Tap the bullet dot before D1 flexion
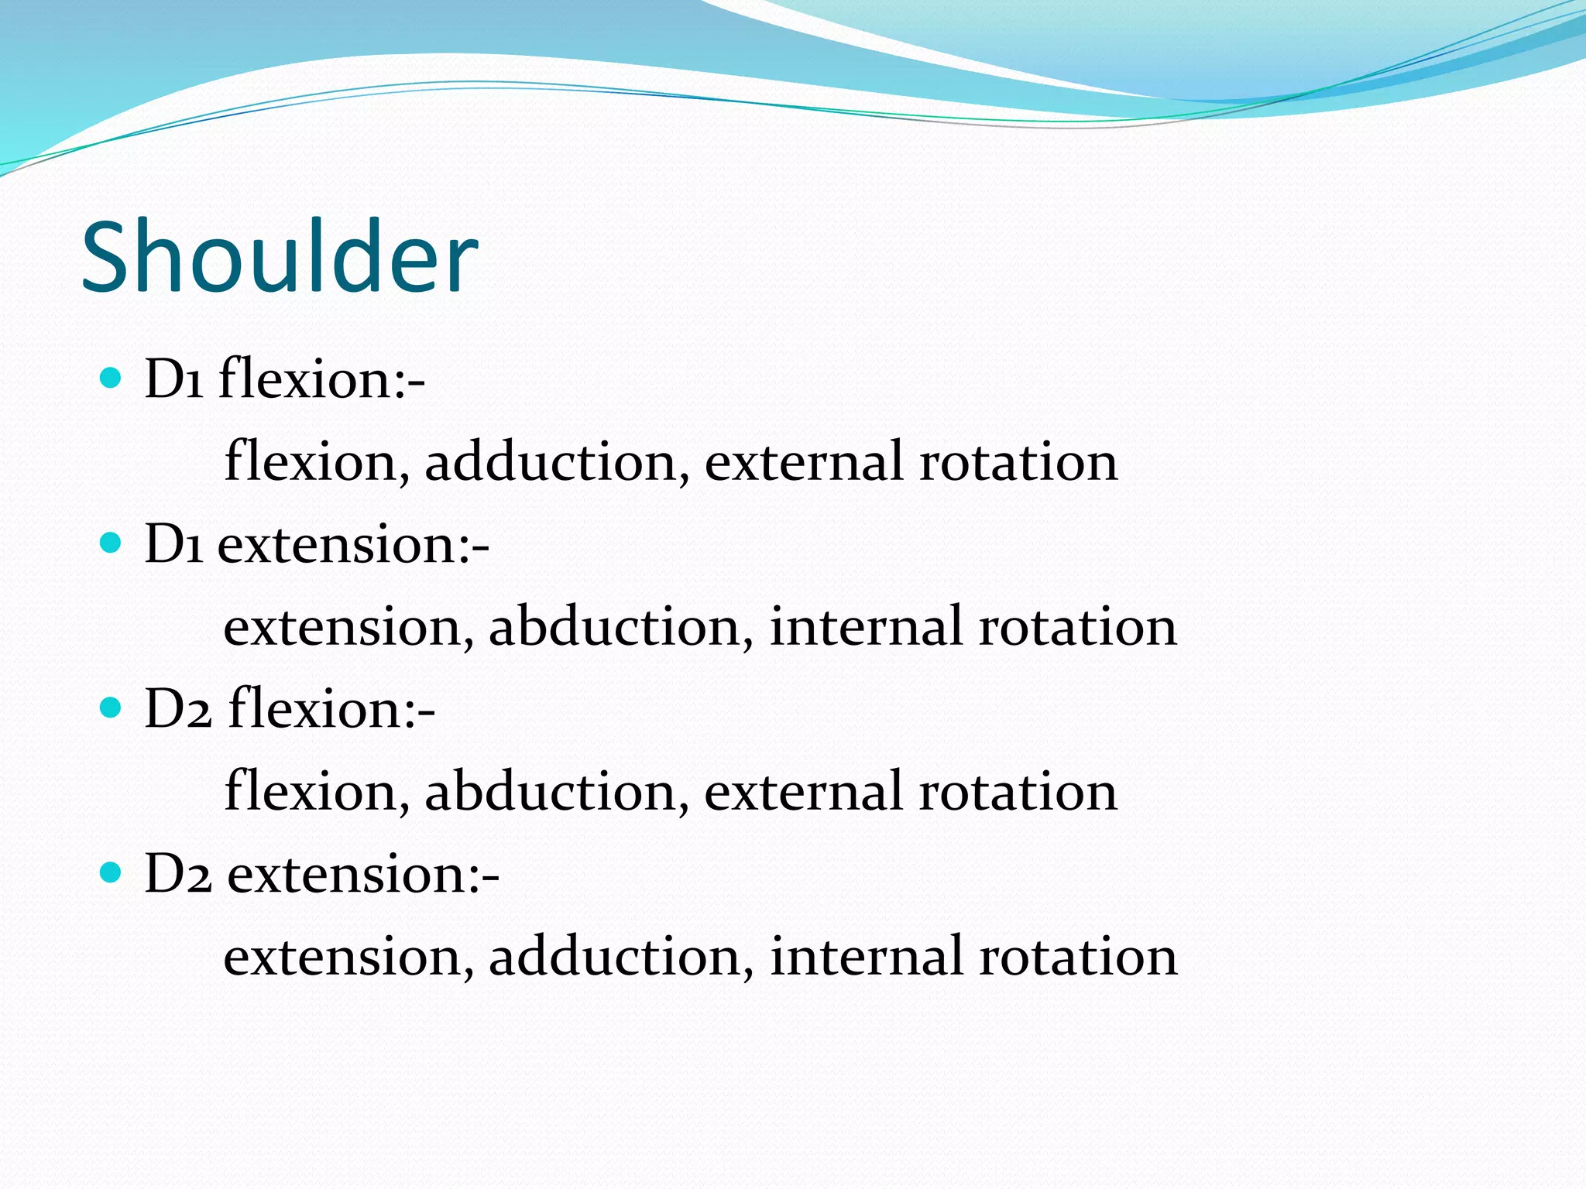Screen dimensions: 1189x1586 (x=112, y=378)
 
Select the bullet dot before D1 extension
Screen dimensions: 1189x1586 (x=112, y=543)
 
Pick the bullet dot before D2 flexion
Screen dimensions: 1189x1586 (x=112, y=708)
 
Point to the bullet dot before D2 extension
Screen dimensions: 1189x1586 (x=112, y=873)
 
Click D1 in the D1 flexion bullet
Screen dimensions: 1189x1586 (x=173, y=379)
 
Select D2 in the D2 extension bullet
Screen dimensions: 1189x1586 (x=178, y=875)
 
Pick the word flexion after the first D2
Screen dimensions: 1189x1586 (x=331, y=708)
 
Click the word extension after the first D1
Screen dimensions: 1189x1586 (x=352, y=544)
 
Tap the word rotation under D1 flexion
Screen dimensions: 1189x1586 (x=1018, y=461)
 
